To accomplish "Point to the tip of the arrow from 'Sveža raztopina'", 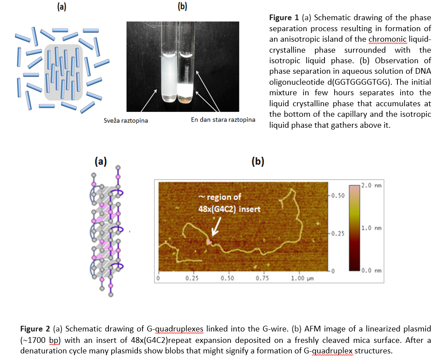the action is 157,90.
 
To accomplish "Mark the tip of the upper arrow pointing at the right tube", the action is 196,72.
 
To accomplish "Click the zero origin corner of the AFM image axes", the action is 159,271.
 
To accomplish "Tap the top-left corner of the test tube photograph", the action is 126,22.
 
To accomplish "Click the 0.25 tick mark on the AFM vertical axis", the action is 329,233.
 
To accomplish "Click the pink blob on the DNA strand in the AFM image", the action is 209,242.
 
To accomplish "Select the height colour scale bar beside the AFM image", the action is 354,228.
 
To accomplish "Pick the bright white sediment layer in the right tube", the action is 186,90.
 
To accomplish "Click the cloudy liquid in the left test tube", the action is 169,76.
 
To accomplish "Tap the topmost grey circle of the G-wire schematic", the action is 118,168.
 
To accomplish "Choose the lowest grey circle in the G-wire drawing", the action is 111,295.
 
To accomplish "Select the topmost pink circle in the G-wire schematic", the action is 118,177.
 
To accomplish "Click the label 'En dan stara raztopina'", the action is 223,120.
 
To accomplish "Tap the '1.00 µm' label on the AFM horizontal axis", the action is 303,278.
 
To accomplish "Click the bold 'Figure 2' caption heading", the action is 35,329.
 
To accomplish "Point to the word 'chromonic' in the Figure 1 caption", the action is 387,39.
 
